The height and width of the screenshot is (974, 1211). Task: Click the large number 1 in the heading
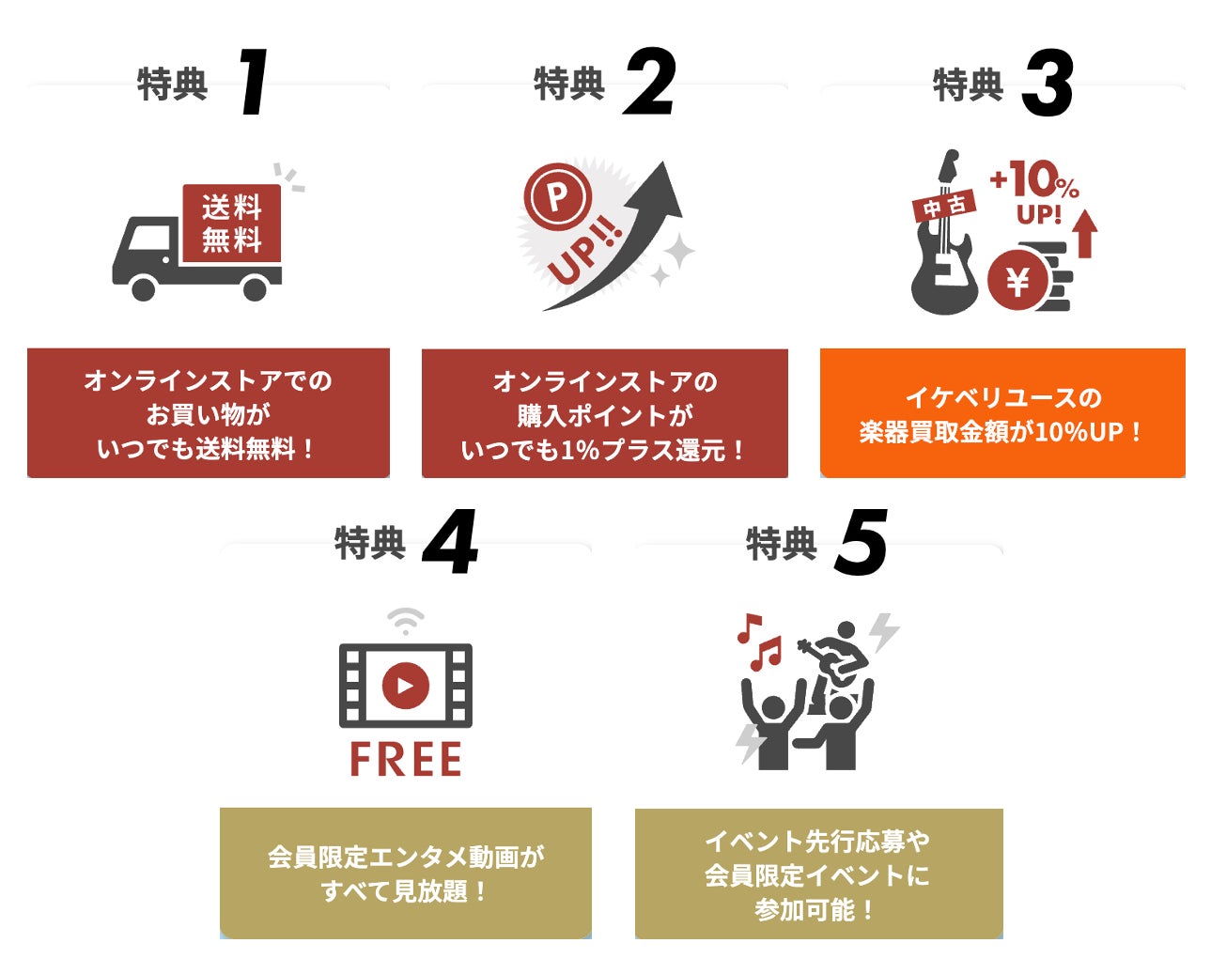(253, 83)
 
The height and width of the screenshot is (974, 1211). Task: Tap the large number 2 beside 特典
(650, 83)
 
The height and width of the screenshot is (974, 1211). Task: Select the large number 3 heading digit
(1048, 84)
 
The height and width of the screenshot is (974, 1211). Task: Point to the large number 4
(450, 543)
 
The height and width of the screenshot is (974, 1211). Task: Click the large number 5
(861, 543)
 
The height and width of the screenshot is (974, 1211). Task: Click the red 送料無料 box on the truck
(231, 223)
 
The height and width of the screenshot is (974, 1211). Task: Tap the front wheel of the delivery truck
(143, 286)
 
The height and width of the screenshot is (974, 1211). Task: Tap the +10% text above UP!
(1033, 179)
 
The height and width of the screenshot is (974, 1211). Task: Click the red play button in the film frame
(405, 685)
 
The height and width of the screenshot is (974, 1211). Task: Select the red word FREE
(405, 759)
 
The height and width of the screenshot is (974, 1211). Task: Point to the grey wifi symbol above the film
(406, 621)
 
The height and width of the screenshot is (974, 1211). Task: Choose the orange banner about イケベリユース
(1001, 413)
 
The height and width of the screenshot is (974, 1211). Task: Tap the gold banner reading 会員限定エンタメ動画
(405, 873)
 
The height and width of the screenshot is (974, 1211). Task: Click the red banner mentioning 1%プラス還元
(604, 414)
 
